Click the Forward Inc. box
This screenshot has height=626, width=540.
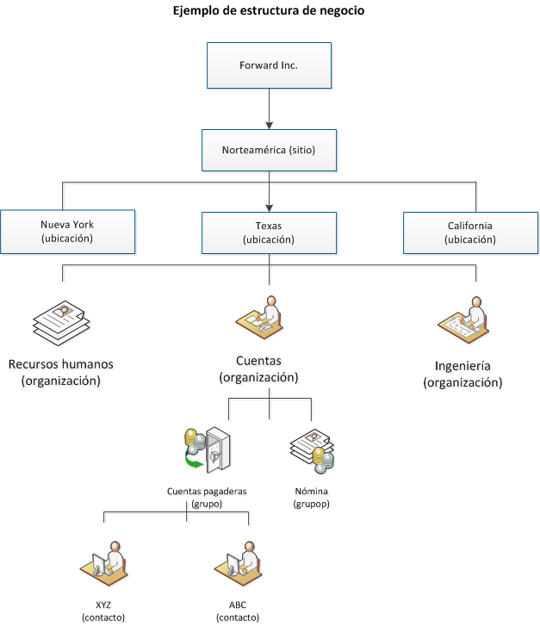click(269, 65)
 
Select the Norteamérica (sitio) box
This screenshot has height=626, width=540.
click(269, 150)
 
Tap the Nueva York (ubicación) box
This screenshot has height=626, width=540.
click(67, 232)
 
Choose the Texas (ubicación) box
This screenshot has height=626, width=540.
click(269, 232)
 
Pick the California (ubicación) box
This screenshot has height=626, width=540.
click(470, 232)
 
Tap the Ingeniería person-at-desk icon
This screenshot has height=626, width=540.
click(462, 319)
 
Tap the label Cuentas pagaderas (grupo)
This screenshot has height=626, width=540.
click(207, 498)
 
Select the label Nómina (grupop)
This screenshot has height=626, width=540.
click(311, 498)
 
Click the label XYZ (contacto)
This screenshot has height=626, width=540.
click(103, 611)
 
